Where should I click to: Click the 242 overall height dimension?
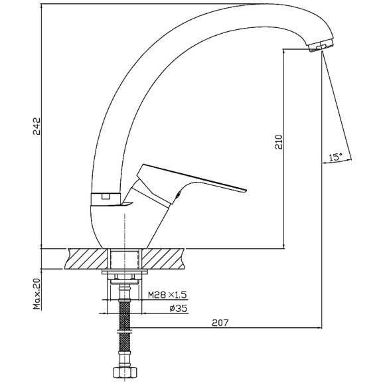point(37,126)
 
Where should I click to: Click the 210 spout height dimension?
point(279,142)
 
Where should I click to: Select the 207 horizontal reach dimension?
point(220,323)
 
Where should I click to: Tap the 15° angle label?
point(336,157)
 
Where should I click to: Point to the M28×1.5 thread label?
point(167,295)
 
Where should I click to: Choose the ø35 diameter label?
point(179,308)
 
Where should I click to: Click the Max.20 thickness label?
point(37,293)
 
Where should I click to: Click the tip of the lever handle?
point(246,190)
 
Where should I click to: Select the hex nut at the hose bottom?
point(125,372)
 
